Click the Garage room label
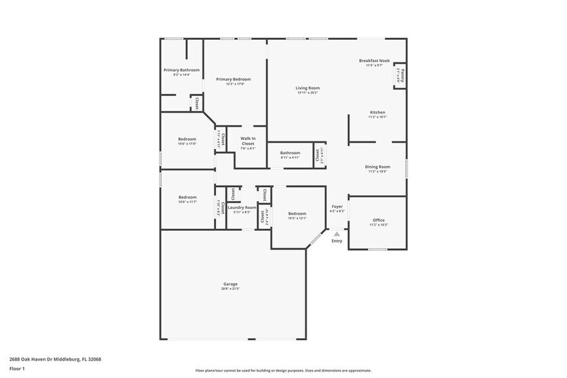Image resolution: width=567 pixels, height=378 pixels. (230, 283)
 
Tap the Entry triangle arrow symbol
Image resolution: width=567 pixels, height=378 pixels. (336, 235)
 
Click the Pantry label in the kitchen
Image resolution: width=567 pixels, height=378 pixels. (399, 75)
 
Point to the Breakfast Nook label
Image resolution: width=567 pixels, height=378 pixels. (374, 60)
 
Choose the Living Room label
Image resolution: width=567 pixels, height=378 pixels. (308, 88)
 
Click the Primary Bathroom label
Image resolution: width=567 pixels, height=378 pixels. (181, 70)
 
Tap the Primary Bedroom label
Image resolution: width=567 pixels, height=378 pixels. (233, 79)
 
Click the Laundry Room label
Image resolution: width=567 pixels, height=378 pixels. (242, 207)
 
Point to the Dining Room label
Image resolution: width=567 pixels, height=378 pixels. (377, 166)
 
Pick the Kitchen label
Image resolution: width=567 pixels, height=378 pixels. (377, 112)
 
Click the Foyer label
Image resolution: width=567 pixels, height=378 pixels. (337, 206)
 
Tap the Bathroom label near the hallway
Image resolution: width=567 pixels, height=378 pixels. (290, 153)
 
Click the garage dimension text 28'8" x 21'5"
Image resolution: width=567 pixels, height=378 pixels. (230, 289)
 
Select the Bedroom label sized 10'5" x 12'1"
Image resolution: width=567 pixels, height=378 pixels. (297, 213)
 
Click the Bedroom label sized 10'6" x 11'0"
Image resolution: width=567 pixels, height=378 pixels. (187, 139)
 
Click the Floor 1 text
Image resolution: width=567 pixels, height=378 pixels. (17, 368)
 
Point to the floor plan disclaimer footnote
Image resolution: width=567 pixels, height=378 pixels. (283, 371)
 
